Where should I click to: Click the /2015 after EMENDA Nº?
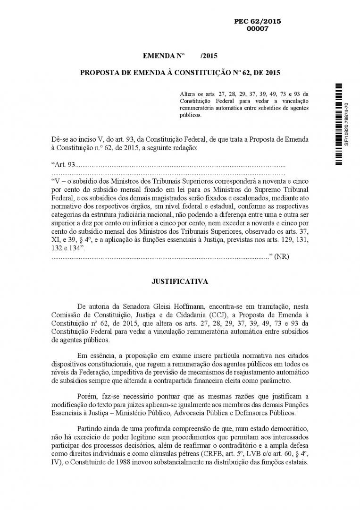(x=209, y=56)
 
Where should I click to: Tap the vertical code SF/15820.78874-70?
(x=347, y=124)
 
